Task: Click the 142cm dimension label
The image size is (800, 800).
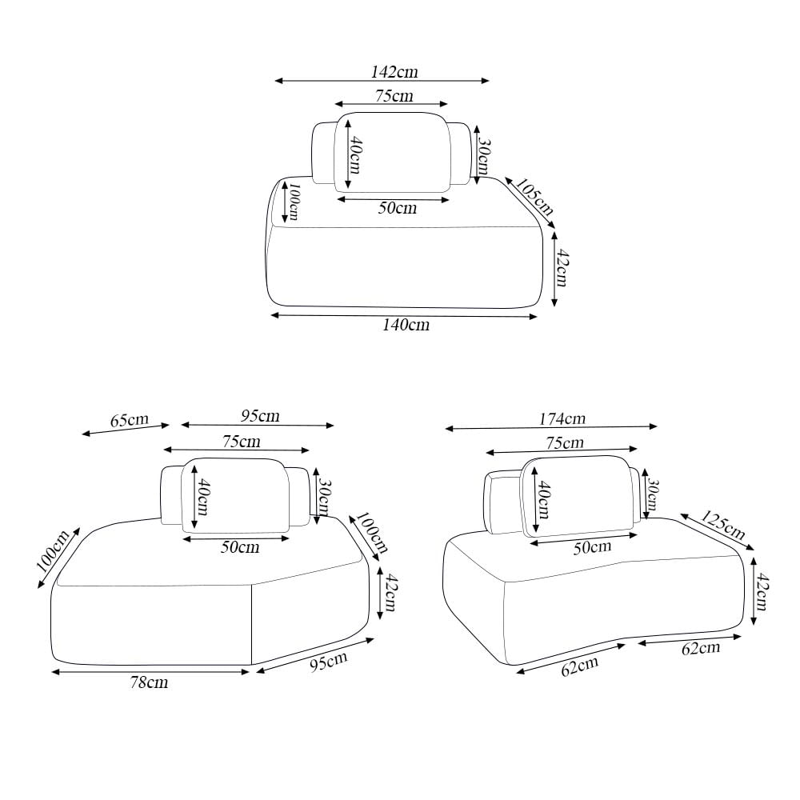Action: [394, 72]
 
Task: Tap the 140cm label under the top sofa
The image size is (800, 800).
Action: [406, 325]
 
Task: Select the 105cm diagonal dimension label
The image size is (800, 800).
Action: [534, 197]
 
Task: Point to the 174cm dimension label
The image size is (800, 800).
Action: [562, 419]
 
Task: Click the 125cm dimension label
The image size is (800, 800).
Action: [722, 525]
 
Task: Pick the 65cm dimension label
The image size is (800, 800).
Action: [130, 421]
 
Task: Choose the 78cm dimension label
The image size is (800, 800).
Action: [149, 682]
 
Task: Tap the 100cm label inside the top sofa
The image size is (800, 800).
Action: [294, 202]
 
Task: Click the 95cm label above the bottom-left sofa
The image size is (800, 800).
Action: [260, 416]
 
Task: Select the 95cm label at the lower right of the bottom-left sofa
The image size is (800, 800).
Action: [329, 662]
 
